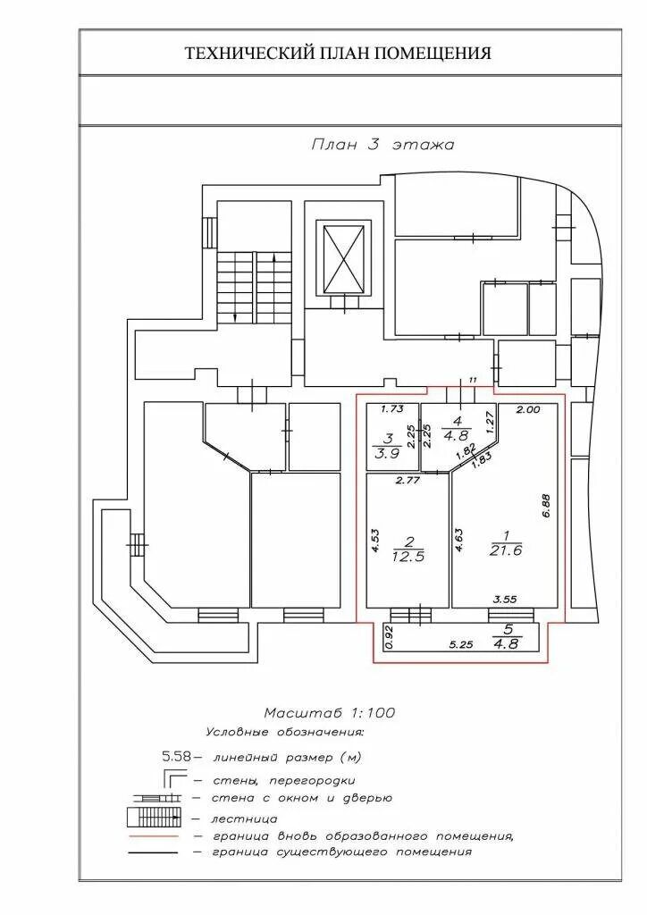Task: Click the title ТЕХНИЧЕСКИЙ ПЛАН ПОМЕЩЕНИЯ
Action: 338,54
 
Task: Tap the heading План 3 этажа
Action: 382,145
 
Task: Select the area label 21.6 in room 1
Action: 499,550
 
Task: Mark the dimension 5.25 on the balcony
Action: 461,644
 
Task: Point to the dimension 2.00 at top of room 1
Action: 529,410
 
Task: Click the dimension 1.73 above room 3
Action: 392,409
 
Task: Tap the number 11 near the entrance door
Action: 474,382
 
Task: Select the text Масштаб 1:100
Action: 329,712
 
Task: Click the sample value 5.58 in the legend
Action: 175,757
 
